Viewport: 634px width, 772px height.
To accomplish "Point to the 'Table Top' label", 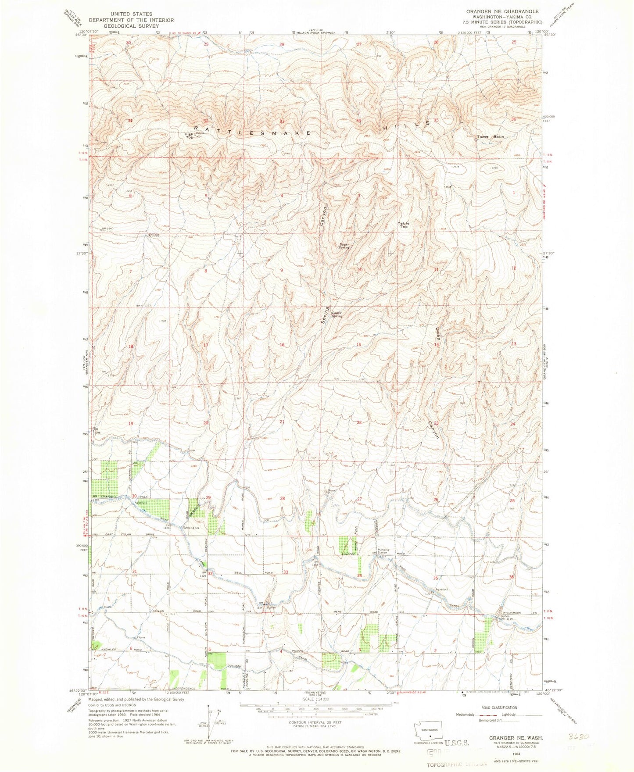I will tap(403, 225).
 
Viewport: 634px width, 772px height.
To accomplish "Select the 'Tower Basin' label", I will tap(490, 137).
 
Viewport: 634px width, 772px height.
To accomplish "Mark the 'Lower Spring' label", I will tap(337, 314).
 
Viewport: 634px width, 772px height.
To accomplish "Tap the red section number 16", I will tap(282, 345).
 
